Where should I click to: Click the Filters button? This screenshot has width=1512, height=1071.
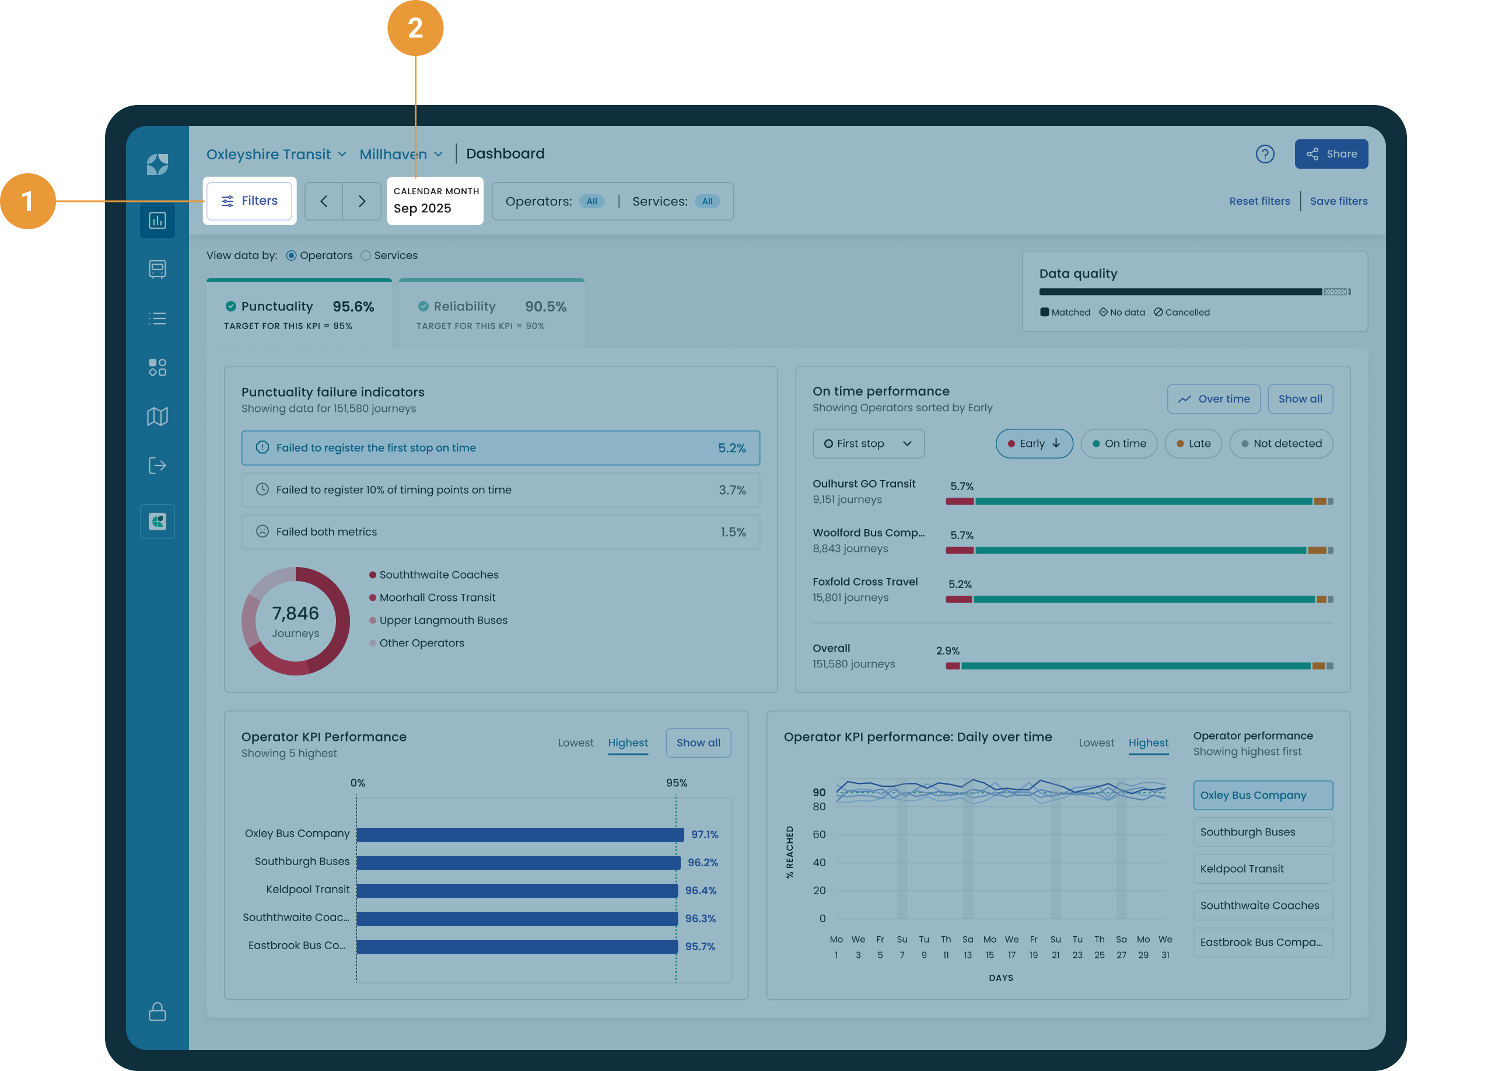click(x=249, y=201)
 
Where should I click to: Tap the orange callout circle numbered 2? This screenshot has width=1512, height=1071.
click(x=415, y=27)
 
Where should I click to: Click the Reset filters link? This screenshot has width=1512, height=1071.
click(x=1259, y=201)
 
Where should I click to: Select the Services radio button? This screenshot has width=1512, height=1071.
click(x=366, y=256)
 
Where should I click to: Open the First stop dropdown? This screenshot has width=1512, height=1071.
click(x=868, y=444)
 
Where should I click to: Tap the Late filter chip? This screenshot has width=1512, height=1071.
click(x=1193, y=444)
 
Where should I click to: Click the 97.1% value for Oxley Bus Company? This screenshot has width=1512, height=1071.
click(x=704, y=834)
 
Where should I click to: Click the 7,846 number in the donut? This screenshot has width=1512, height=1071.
click(x=295, y=613)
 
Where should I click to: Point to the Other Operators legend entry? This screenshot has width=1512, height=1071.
click(x=421, y=643)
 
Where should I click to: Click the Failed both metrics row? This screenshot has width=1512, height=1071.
click(x=500, y=531)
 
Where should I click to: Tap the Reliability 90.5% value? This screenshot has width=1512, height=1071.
click(x=545, y=307)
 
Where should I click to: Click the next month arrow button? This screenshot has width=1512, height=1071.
click(x=361, y=201)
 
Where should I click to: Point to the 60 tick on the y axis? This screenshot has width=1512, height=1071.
click(x=818, y=834)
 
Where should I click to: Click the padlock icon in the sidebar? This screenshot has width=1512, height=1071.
click(x=157, y=1011)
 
